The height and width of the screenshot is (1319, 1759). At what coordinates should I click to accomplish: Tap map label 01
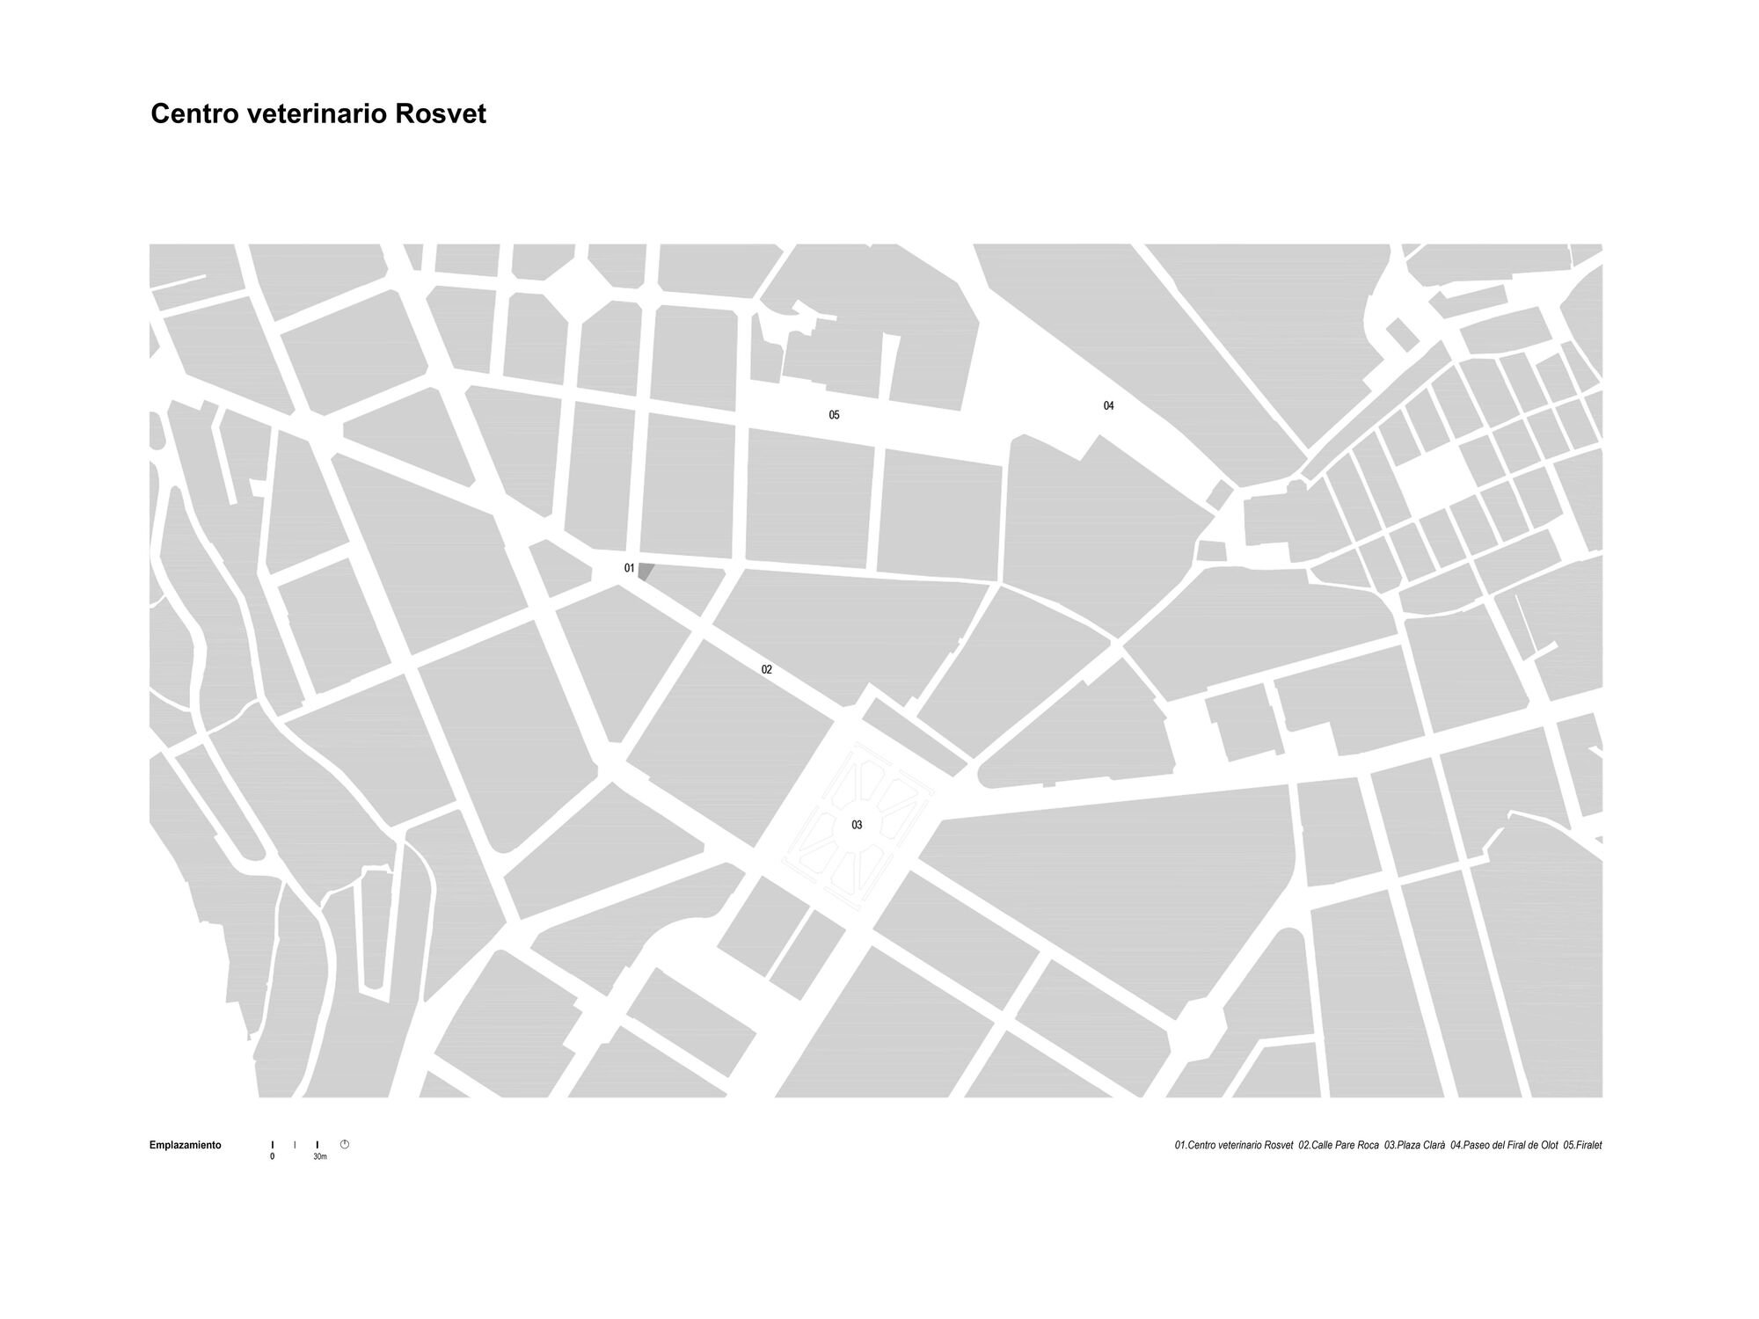tap(629, 568)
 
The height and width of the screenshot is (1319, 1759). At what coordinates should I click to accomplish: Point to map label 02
tap(767, 670)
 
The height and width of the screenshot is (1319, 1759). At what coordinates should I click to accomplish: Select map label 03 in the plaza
tap(857, 825)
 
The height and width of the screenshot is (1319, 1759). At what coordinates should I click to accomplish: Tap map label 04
tap(1108, 405)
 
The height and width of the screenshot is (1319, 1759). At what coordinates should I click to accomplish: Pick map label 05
tap(834, 415)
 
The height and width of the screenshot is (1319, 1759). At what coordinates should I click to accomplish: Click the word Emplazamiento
tap(186, 1145)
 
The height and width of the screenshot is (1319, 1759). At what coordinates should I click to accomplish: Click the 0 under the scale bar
tap(273, 1156)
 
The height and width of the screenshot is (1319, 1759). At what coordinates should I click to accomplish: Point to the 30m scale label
tap(320, 1156)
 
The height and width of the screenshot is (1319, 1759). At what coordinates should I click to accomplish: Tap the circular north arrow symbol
tap(345, 1144)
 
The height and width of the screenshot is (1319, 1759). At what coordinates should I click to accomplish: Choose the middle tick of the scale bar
tap(295, 1145)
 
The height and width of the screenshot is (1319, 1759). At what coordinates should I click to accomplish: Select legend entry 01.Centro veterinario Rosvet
tap(1234, 1146)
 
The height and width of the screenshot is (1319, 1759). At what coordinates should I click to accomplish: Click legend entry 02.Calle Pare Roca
tap(1339, 1146)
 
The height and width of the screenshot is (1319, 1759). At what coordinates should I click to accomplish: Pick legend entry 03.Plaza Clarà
tap(1414, 1146)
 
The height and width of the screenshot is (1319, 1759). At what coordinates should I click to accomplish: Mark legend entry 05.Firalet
tap(1582, 1146)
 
